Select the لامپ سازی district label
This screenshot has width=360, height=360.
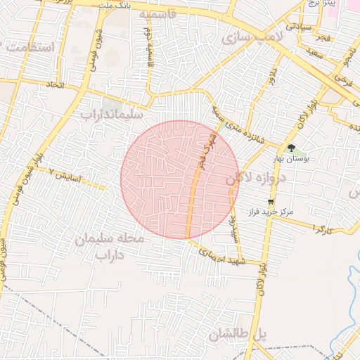pyautogui.click(x=252, y=38)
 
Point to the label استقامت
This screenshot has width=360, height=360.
pyautogui.click(x=29, y=48)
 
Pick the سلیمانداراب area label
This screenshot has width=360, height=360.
pyautogui.click(x=112, y=112)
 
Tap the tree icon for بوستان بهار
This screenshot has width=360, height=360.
pyautogui.click(x=291, y=148)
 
